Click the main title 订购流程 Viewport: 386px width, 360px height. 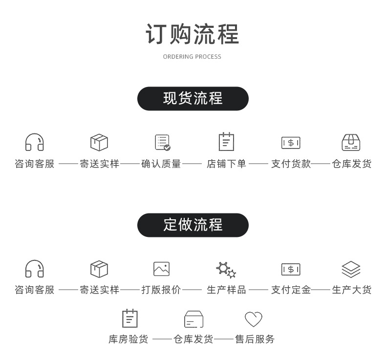(192, 34)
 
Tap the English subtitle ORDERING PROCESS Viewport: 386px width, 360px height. (192, 57)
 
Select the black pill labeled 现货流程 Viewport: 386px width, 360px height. (193, 99)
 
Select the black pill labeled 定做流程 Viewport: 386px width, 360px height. (193, 225)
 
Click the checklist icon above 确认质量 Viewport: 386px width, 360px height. (163, 142)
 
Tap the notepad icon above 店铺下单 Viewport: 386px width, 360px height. (226, 142)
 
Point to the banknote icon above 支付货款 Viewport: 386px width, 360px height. (291, 143)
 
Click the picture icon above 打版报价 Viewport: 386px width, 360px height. (162, 269)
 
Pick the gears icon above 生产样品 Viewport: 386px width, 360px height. (226, 270)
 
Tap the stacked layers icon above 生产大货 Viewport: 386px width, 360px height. (351, 269)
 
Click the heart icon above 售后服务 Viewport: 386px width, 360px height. (253, 319)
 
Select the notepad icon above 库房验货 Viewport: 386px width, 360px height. (130, 318)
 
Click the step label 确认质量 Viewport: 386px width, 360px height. (161, 164)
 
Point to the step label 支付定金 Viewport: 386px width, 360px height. (291, 290)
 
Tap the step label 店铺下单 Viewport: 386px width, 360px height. (226, 164)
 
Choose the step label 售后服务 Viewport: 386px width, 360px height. (255, 339)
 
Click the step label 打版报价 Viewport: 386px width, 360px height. (161, 290)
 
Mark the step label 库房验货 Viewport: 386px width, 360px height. (128, 339)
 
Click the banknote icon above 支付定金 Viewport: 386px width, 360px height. (291, 269)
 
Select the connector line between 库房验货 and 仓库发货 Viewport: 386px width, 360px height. (162, 339)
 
